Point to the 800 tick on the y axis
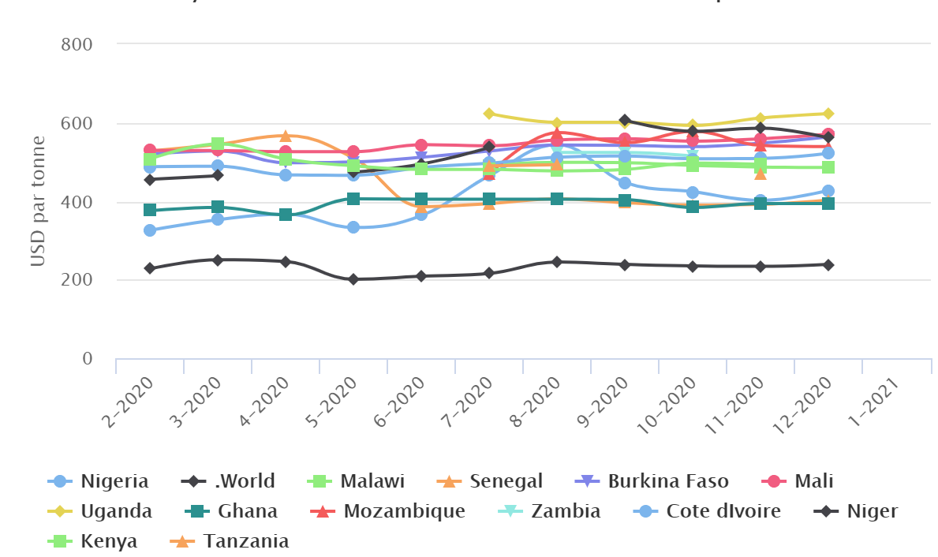77,44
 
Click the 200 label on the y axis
77,280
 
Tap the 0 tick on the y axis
87,359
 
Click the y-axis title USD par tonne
38,201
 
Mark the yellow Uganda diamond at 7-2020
489,114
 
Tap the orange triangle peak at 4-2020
286,136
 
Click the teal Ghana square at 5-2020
353,199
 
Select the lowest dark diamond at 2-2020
150,268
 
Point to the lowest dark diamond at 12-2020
828,265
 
